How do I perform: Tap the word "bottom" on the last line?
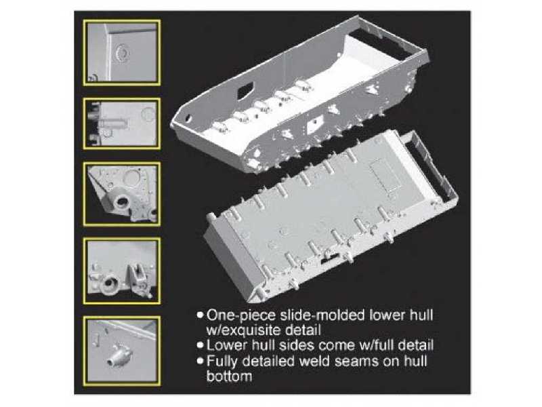[x=229, y=376]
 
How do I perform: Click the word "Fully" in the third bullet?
[x=222, y=362]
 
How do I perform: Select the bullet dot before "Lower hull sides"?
[x=200, y=345]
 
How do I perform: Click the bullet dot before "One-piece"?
[x=200, y=315]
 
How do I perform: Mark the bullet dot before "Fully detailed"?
[x=200, y=361]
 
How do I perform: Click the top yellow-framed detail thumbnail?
[x=122, y=53]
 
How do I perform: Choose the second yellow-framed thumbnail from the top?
[x=122, y=123]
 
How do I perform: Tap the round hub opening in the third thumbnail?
[x=121, y=202]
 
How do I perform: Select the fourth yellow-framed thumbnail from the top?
[x=122, y=271]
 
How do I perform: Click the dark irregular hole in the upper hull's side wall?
[x=245, y=91]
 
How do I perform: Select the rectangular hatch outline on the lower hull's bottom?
[x=385, y=176]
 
